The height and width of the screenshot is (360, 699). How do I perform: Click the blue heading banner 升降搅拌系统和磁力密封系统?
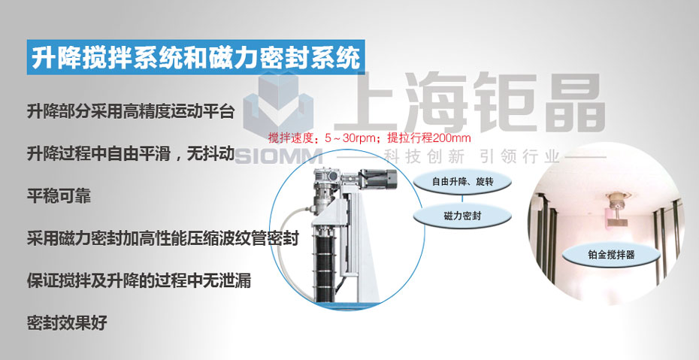195,57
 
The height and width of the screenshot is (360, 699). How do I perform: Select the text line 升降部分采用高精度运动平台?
131,111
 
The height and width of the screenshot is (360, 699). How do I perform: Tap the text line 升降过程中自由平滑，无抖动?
131,154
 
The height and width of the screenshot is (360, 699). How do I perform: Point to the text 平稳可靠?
59,196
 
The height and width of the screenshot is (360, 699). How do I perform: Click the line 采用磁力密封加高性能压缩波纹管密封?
162,238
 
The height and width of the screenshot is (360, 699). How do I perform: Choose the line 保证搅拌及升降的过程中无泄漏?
138,280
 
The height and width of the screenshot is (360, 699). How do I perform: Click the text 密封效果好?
67,323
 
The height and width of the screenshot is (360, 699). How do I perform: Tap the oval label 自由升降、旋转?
462,181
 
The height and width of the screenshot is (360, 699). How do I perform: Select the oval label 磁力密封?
462,216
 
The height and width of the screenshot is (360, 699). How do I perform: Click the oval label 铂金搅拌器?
611,256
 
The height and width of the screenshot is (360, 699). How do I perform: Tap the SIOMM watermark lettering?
279,156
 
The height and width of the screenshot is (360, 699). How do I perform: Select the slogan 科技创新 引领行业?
471,157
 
